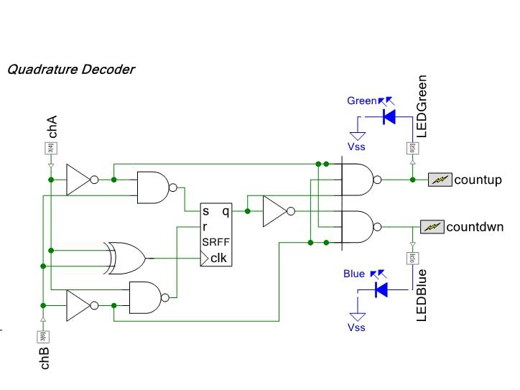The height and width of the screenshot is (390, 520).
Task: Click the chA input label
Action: point(52,126)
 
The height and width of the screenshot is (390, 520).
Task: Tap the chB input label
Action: point(45,356)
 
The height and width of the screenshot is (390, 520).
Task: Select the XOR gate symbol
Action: point(124,256)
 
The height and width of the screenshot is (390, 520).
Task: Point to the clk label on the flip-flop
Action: point(219,257)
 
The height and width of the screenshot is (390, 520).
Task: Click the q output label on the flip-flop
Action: point(226,212)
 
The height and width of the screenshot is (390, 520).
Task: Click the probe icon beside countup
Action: point(439,180)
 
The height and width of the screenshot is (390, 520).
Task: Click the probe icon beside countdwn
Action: point(431,227)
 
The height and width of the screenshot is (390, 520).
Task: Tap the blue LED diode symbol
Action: point(381,289)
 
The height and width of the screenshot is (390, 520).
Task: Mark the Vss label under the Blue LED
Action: point(356,328)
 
